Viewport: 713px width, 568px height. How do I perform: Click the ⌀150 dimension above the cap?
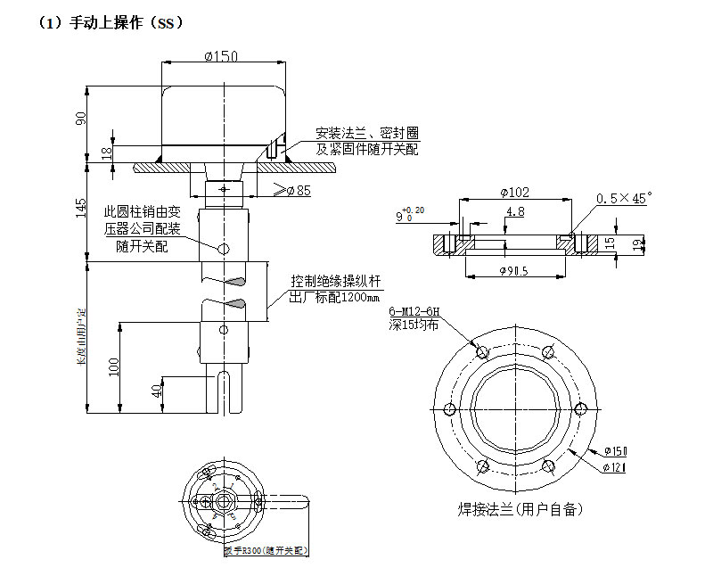coord(221,56)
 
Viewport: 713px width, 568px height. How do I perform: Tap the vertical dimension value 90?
coord(81,118)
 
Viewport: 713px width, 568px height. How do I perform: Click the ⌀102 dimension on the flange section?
coord(514,191)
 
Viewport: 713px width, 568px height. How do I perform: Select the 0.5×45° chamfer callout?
coord(624,196)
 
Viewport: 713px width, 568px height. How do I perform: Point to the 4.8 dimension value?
coord(514,212)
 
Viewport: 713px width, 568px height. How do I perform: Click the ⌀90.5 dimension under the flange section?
coord(513,271)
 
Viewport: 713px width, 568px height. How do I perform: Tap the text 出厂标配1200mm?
coord(335,297)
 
